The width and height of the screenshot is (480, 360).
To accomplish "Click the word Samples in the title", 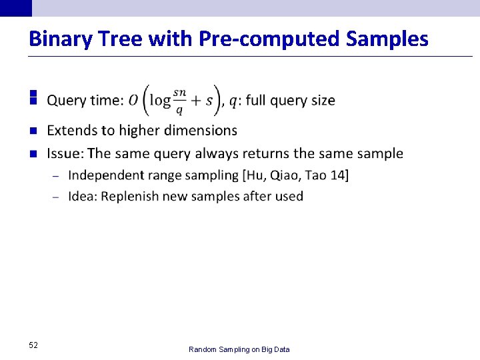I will point(387,39).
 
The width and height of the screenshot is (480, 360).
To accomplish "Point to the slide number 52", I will point(33,345).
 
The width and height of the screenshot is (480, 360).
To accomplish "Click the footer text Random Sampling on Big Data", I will point(239,349).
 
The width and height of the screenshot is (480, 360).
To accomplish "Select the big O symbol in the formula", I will point(133,100).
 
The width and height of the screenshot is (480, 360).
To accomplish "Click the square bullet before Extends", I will point(32,130).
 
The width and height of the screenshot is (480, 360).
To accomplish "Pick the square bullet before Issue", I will point(32,153).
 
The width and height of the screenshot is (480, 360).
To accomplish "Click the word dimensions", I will point(201,130).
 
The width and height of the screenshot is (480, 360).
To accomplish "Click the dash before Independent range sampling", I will point(55,176).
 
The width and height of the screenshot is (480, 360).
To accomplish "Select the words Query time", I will point(85,101).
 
